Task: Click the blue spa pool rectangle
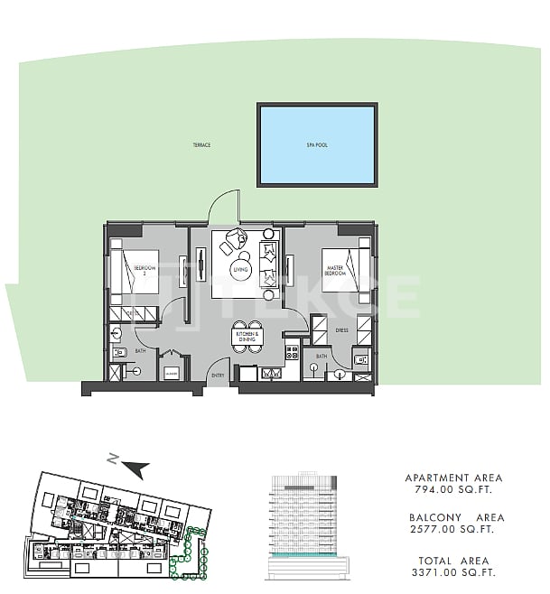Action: pos(317,144)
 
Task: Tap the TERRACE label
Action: pos(201,145)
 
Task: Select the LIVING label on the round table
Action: pos(240,269)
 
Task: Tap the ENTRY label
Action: pos(218,374)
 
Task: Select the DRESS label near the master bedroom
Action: pos(341,330)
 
